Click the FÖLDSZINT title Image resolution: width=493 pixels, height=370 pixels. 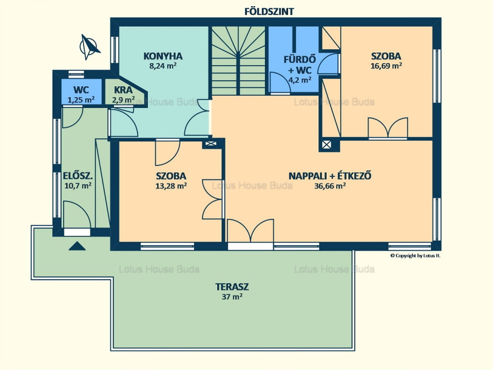[269, 12]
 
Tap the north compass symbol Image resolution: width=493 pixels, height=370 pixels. [89, 47]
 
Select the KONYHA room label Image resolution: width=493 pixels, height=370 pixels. [163, 56]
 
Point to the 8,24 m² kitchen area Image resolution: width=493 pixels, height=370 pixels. [163, 66]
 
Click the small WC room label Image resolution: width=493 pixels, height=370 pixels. [81, 89]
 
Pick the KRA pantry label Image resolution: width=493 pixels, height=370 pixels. [123, 89]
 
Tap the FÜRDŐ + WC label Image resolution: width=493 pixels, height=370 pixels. [299, 65]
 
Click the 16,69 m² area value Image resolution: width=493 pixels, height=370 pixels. [386, 66]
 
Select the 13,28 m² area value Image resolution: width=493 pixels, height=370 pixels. [171, 186]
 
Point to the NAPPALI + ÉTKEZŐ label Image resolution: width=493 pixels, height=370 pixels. [330, 176]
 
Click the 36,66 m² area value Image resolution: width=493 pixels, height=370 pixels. [330, 186]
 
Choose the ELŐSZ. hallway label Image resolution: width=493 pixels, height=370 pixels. [78, 176]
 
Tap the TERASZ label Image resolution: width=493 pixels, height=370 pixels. [232, 287]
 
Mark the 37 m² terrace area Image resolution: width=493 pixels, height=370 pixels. [232, 297]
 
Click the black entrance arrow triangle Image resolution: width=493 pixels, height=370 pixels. [77, 246]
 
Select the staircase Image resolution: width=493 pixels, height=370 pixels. [239, 61]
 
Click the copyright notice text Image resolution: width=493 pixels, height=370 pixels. [415, 255]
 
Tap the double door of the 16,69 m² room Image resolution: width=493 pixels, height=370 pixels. [388, 128]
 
